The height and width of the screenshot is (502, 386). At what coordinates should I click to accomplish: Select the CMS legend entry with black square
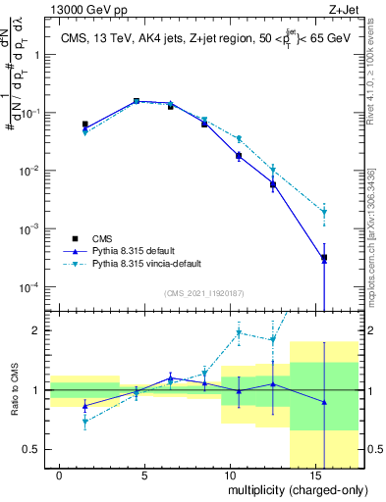point(100,239)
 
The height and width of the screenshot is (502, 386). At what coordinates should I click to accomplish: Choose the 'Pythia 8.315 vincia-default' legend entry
point(148,265)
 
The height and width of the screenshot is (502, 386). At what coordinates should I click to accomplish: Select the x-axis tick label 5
point(145,473)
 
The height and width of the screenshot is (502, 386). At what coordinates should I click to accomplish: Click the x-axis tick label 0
point(60,473)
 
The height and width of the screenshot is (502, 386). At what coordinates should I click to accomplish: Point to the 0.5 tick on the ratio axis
point(31,449)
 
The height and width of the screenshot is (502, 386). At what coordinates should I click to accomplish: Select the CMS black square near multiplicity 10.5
point(239,156)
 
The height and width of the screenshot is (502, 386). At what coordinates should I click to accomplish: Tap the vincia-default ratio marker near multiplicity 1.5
point(84,422)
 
